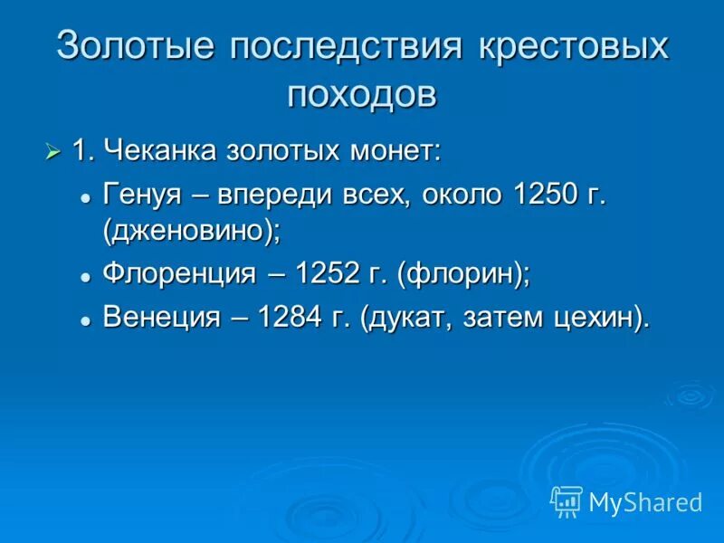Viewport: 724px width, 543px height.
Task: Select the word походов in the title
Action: pyautogui.click(x=362, y=93)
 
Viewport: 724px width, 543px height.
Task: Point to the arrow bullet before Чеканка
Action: pyautogui.click(x=53, y=149)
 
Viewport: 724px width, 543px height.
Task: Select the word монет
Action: pyautogui.click(x=396, y=150)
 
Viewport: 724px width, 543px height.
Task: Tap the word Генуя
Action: pyautogui.click(x=140, y=194)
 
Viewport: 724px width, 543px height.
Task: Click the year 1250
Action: pyautogui.click(x=544, y=194)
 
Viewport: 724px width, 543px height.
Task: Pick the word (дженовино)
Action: pyautogui.click(x=192, y=230)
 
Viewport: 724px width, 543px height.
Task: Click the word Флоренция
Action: pyautogui.click(x=179, y=273)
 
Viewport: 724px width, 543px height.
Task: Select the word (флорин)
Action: pyautogui.click(x=462, y=273)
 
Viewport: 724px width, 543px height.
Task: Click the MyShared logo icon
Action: pyautogui.click(x=567, y=500)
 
